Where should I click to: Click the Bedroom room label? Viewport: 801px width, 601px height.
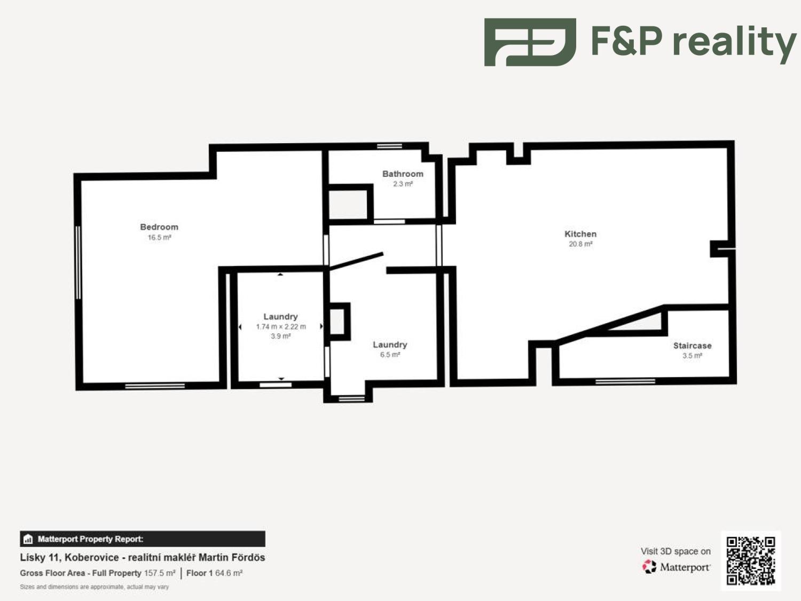pyautogui.click(x=159, y=227)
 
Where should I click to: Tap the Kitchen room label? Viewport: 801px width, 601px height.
pyautogui.click(x=580, y=234)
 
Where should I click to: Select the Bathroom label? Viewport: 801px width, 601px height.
pyautogui.click(x=403, y=174)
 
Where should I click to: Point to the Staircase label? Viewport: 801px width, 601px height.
pyautogui.click(x=692, y=345)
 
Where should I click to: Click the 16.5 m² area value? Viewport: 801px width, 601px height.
pyautogui.click(x=160, y=238)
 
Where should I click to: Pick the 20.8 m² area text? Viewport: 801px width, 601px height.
pyautogui.click(x=580, y=244)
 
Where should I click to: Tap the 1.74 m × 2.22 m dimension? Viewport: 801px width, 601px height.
pyautogui.click(x=281, y=326)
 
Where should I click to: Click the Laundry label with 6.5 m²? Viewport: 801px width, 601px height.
pyautogui.click(x=390, y=345)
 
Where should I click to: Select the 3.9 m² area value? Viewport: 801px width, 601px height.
pyautogui.click(x=281, y=336)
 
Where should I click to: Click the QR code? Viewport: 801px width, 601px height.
pyautogui.click(x=751, y=560)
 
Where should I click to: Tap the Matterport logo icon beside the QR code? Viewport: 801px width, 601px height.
pyautogui.click(x=649, y=567)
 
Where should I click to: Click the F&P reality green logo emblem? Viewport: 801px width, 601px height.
pyautogui.click(x=530, y=42)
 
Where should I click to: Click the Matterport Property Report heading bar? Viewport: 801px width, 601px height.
pyautogui.click(x=143, y=539)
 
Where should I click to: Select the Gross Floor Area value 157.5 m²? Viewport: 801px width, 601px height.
pyautogui.click(x=160, y=573)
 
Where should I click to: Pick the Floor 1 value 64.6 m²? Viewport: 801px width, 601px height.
pyautogui.click(x=229, y=573)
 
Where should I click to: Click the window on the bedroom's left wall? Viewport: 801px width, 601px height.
pyautogui.click(x=78, y=263)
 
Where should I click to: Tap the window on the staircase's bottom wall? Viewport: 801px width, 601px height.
pyautogui.click(x=625, y=381)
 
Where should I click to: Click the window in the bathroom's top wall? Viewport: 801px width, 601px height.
pyautogui.click(x=389, y=146)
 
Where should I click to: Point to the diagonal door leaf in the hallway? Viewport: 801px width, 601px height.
pyautogui.click(x=356, y=261)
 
